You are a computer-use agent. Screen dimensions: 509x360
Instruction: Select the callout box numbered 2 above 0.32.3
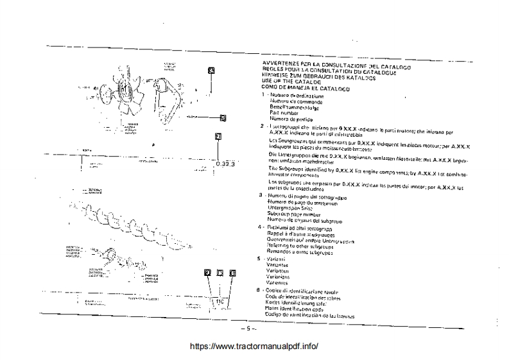pos(218,136)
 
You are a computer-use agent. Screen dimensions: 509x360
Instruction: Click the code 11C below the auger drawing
pos(219,302)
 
